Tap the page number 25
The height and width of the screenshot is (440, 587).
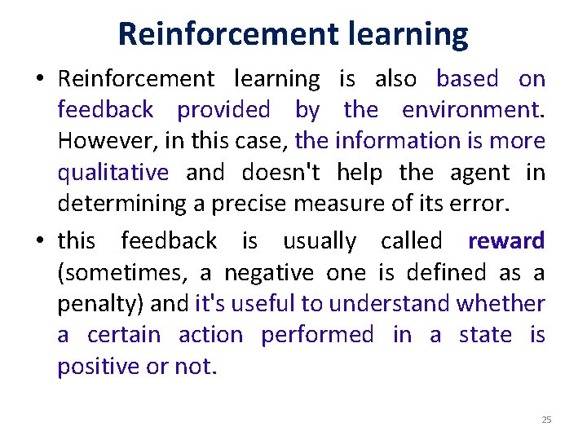click(x=546, y=420)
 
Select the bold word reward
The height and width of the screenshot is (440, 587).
click(x=506, y=241)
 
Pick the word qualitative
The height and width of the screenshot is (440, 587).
click(x=113, y=172)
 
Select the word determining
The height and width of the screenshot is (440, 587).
click(x=121, y=204)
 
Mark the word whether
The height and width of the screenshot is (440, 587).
click(x=501, y=304)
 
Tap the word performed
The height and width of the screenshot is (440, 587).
click(x=317, y=335)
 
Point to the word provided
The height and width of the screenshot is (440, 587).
click(x=223, y=109)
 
